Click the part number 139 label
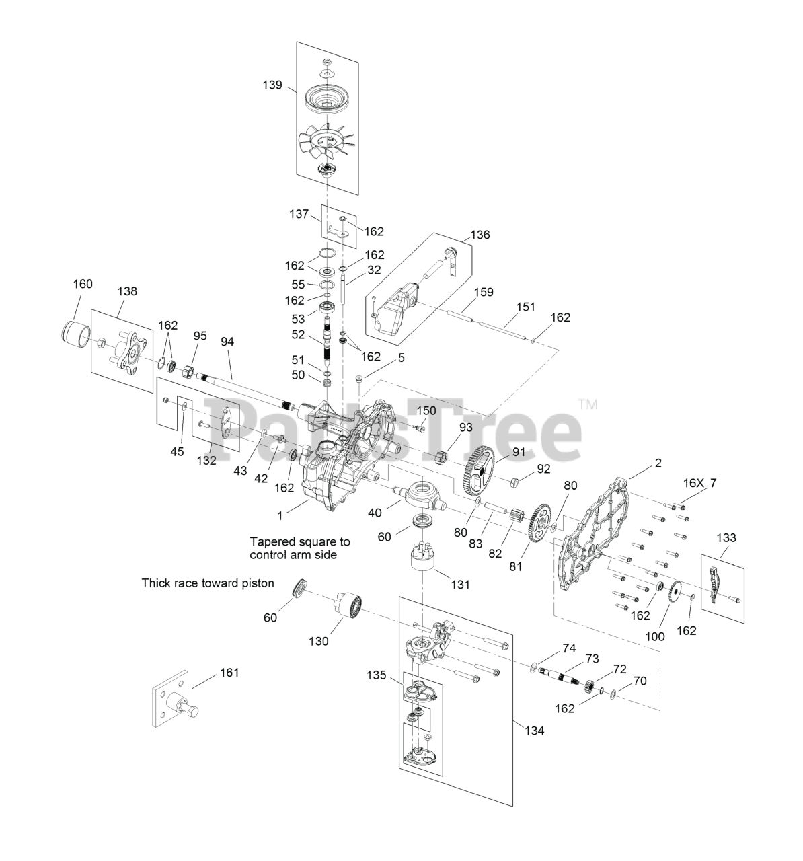tap(272, 85)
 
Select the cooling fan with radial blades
tap(326, 140)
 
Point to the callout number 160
tap(82, 284)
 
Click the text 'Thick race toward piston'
tap(208, 583)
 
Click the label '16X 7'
tap(699, 482)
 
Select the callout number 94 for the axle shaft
tap(227, 342)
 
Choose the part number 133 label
tap(726, 537)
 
